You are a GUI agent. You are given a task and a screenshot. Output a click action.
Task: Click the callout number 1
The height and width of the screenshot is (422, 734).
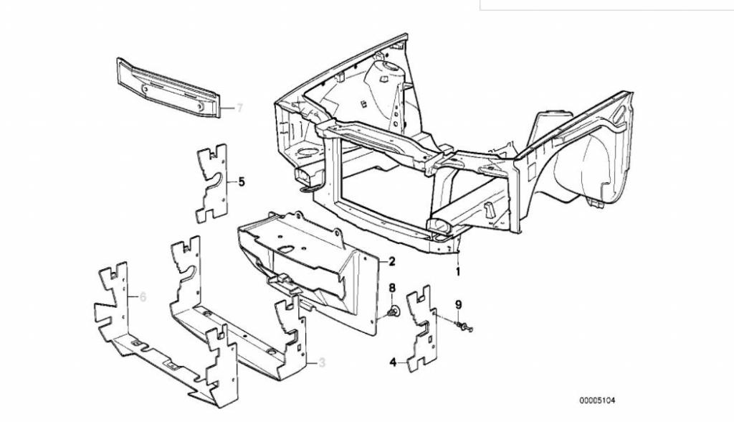pos(458,271)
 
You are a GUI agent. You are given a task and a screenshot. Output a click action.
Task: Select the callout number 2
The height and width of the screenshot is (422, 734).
pos(391,261)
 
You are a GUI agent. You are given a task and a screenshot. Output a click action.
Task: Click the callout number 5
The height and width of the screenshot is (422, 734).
pos(242,182)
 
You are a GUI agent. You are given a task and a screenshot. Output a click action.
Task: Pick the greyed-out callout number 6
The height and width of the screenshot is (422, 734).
pos(143,297)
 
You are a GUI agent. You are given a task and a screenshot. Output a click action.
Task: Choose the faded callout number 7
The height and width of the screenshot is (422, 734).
pos(239,108)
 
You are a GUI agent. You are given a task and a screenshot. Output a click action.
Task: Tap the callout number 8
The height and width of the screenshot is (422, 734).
pos(392,287)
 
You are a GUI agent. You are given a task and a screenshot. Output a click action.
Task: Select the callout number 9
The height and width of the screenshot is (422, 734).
pos(459,305)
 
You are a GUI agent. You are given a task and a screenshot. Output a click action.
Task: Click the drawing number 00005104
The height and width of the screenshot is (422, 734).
pos(597,400)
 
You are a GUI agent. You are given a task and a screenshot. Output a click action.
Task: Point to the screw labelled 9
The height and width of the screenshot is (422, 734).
pos(464,327)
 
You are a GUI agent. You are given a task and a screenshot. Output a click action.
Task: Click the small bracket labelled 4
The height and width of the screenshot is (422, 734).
pos(421,328)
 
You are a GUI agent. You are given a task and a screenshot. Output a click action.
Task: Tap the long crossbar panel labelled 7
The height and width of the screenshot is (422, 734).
pos(168,87)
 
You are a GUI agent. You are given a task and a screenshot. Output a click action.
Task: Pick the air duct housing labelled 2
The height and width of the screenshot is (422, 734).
pos(309,272)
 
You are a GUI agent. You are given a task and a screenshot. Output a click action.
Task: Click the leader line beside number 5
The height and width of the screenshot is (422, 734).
pos(232,182)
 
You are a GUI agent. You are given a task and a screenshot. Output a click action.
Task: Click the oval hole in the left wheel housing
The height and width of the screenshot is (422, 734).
pos(308,151)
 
